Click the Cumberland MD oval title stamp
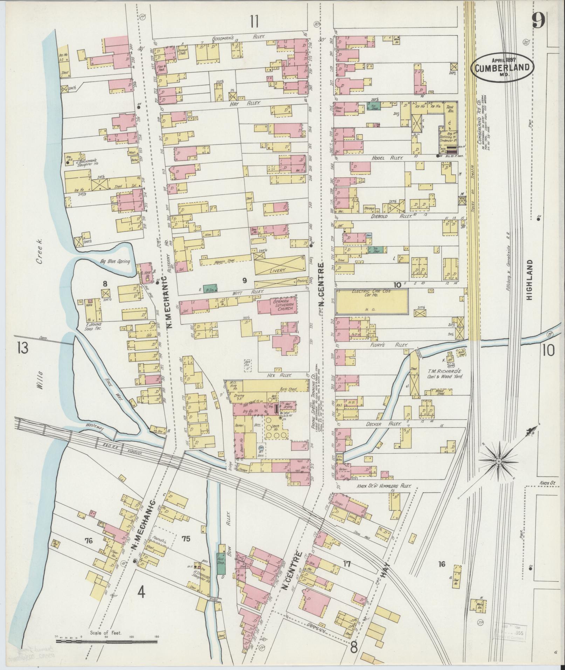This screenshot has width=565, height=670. point(502,67)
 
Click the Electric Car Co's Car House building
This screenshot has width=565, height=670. point(372,302)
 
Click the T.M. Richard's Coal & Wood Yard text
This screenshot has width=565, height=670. point(445,374)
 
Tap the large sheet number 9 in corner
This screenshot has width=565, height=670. point(538,22)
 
